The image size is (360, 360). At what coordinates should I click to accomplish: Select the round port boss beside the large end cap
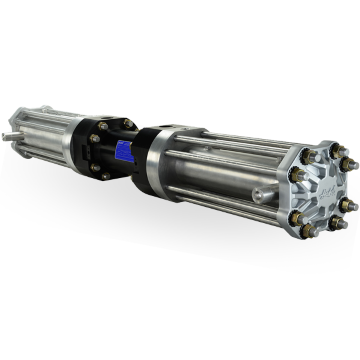262,191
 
